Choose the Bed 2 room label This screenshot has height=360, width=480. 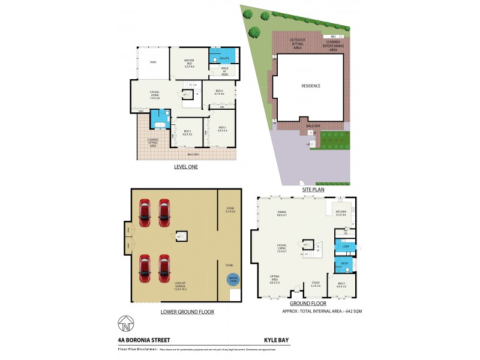[222, 128]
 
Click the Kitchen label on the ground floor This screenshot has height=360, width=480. [341, 214]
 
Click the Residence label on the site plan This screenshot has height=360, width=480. [310, 86]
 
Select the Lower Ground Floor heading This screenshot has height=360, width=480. [187, 312]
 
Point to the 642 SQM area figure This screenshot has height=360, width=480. [353, 311]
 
